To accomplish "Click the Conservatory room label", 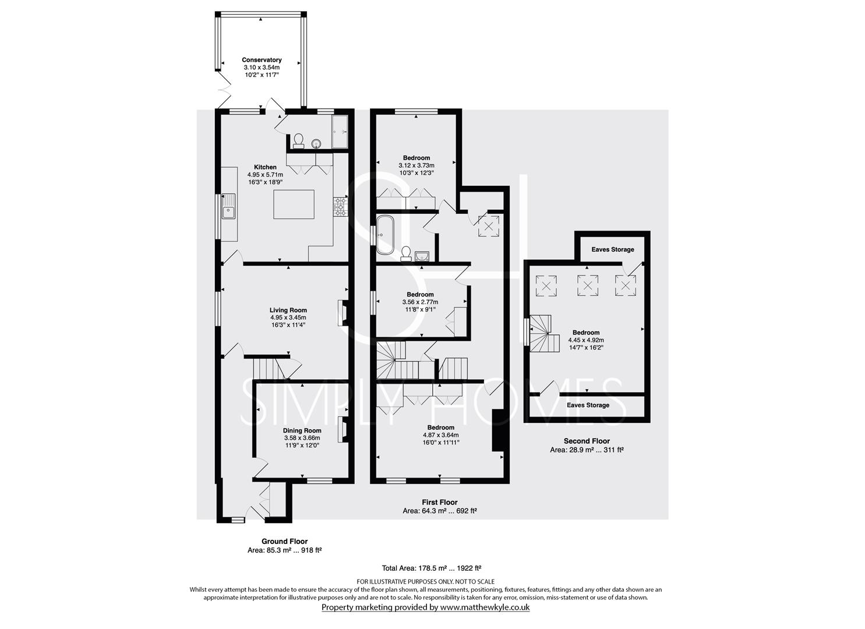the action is (x=262, y=60).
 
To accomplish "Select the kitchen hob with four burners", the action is (x=340, y=206).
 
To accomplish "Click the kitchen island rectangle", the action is (x=294, y=204).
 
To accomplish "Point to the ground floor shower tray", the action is (x=340, y=132).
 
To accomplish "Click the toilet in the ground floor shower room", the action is (x=298, y=141).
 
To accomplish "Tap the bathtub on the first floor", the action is (x=385, y=235).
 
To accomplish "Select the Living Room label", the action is (x=288, y=310).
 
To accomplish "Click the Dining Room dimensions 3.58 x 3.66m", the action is (x=302, y=438).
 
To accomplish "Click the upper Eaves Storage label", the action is (x=613, y=249).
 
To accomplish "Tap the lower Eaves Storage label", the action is (x=588, y=405).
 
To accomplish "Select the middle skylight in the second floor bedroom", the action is (x=587, y=286).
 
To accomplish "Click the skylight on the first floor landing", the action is (x=489, y=227).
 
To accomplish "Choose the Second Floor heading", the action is (x=587, y=441).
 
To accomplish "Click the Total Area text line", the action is (x=432, y=568).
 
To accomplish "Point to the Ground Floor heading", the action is (x=285, y=542).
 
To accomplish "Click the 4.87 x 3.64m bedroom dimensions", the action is (x=440, y=435).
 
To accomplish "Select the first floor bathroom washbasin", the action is (x=422, y=256).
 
